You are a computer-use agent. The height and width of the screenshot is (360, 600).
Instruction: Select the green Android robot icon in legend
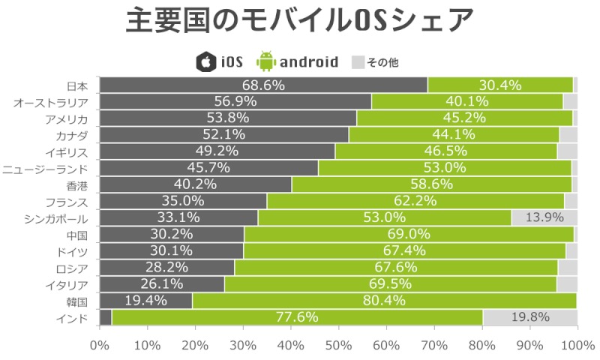pos(265,61)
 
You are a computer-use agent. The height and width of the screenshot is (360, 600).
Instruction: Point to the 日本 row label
pos(78,85)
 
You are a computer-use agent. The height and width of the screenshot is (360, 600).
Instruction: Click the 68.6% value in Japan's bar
pos(263,85)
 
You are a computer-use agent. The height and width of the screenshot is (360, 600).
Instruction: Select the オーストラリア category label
pos(52,102)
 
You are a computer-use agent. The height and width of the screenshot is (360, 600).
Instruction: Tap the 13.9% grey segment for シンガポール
pos(544,217)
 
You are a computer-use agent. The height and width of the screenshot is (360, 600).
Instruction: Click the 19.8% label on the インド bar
pos(529,317)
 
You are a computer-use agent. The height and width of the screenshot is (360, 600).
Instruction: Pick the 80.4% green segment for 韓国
pos(384,301)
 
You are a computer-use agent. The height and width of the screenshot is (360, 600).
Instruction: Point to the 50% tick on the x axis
pos(338,344)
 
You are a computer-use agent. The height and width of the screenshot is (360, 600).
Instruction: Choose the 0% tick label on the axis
pos(100,344)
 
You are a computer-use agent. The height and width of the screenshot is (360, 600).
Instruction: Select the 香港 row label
pos(78,185)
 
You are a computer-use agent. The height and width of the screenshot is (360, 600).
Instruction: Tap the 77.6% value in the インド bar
pos(297,317)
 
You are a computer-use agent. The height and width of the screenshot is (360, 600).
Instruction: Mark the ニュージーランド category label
pos(46,169)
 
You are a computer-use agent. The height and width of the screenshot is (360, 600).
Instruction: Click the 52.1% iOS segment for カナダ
pos(224,135)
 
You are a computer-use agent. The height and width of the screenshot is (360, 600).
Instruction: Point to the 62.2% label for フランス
pos(415,201)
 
